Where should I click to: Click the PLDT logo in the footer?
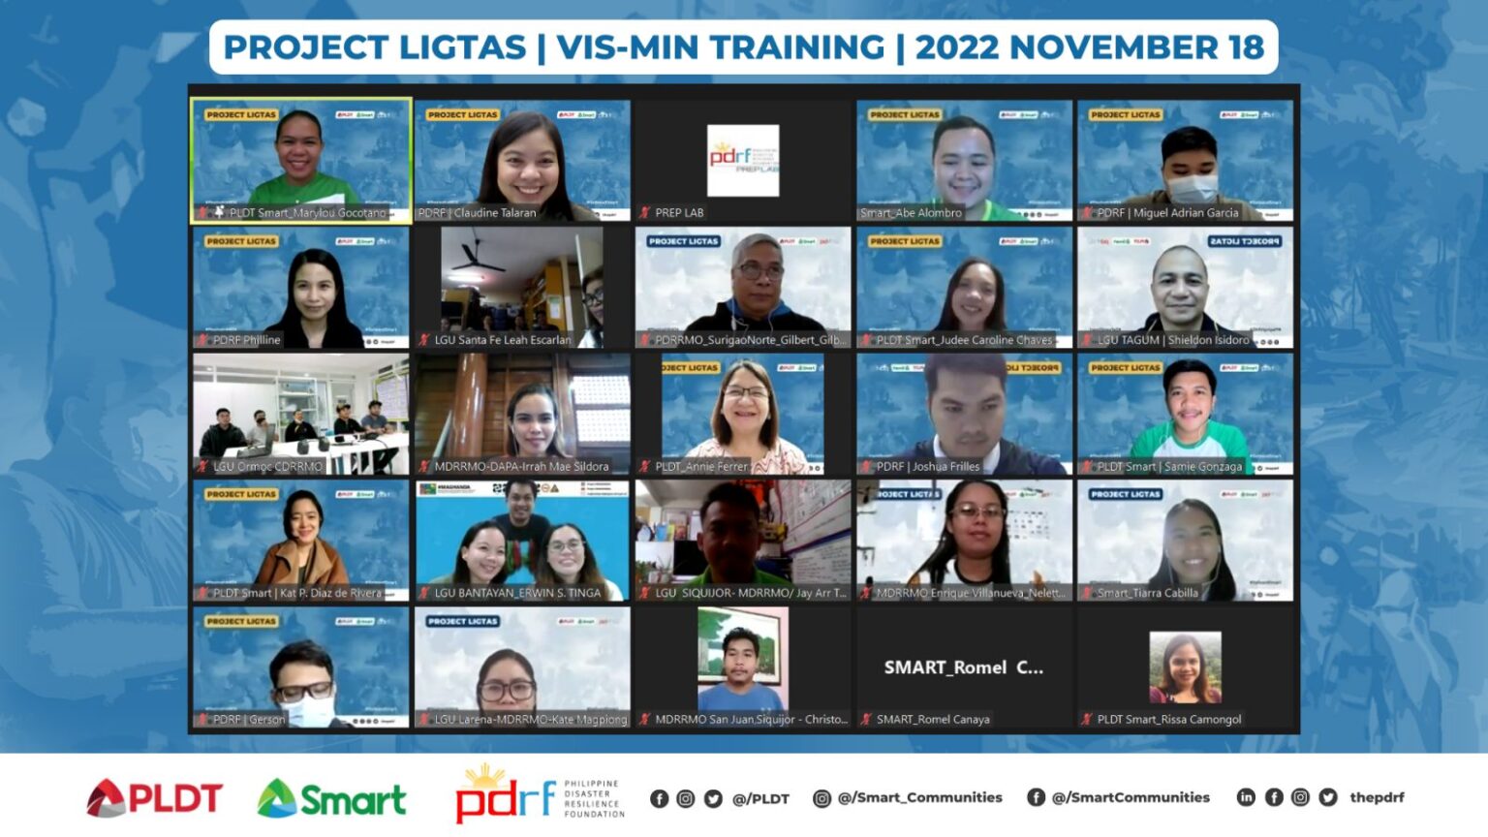pyautogui.click(x=155, y=798)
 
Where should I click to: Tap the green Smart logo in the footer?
pyautogui.click(x=331, y=798)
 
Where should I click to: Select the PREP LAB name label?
pyautogui.click(x=679, y=213)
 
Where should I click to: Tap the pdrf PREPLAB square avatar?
pyautogui.click(x=743, y=160)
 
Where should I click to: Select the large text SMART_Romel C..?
pyautogui.click(x=963, y=667)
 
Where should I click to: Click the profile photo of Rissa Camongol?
pyautogui.click(x=1185, y=667)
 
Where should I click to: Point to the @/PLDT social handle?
pyautogui.click(x=760, y=798)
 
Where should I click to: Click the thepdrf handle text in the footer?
pyautogui.click(x=1377, y=797)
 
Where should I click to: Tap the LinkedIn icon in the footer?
pyautogui.click(x=1246, y=797)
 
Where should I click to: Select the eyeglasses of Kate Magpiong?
pyautogui.click(x=507, y=691)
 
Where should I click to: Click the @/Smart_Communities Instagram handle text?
pyautogui.click(x=919, y=797)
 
